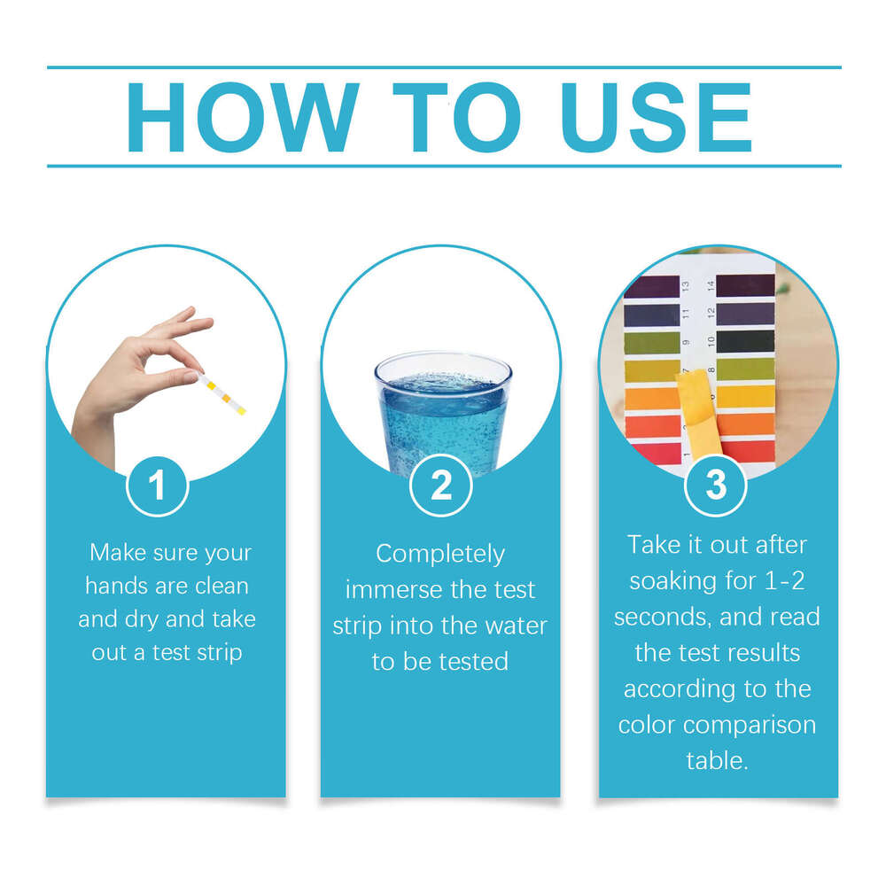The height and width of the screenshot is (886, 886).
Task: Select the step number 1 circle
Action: [158, 486]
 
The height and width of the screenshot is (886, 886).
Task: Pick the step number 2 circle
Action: [440, 486]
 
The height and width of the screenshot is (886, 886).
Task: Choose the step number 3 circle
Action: [716, 485]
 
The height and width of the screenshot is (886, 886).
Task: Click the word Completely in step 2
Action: [440, 555]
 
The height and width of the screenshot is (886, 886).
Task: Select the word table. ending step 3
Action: [718, 760]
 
